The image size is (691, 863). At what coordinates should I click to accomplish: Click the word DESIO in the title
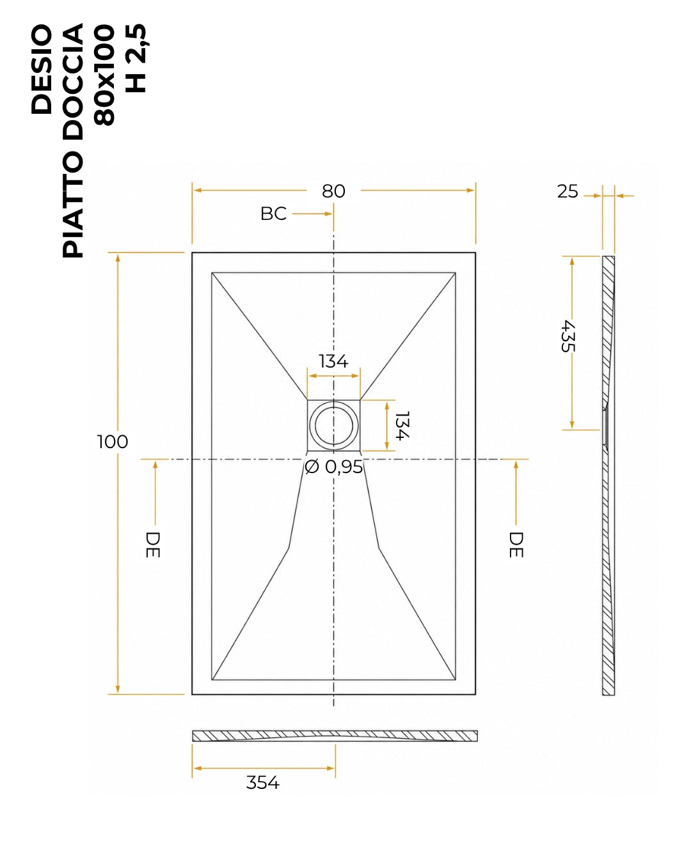tap(42, 70)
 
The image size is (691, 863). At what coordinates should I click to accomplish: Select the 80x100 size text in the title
tap(104, 75)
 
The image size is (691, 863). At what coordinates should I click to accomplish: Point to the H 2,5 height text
tap(136, 58)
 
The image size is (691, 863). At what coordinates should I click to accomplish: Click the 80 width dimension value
tap(333, 191)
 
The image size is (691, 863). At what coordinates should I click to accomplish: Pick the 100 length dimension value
tap(113, 442)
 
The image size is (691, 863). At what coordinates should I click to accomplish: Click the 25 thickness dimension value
tap(568, 192)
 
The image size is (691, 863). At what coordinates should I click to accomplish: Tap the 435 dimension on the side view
tap(568, 336)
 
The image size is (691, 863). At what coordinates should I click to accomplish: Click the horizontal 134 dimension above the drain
tap(333, 361)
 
